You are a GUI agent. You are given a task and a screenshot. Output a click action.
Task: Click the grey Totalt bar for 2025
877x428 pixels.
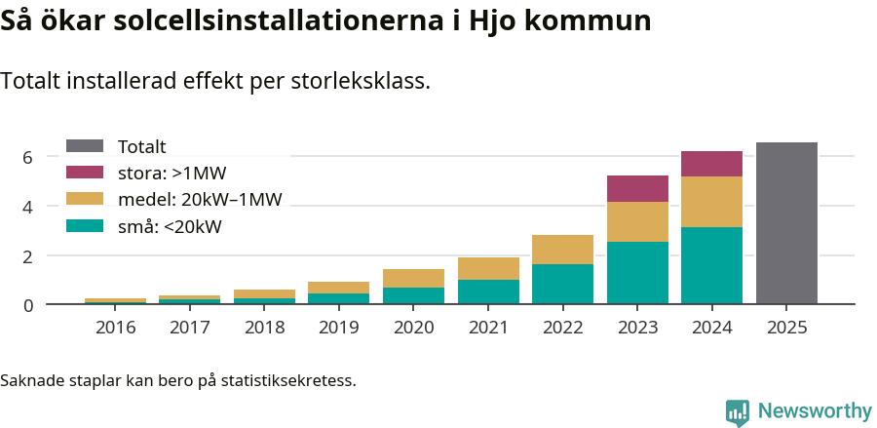[786, 223]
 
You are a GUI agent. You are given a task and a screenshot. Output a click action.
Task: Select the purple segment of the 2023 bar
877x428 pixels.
[637, 188]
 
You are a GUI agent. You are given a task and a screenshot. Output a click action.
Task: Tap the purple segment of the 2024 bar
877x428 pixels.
[711, 164]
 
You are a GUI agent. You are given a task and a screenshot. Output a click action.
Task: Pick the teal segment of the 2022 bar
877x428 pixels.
[562, 284]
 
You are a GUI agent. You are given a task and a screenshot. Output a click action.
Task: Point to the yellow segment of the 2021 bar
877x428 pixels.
[488, 268]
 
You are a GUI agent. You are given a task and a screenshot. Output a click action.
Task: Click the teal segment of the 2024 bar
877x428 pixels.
[711, 265]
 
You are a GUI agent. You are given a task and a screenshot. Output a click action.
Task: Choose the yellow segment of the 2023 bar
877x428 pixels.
[637, 221]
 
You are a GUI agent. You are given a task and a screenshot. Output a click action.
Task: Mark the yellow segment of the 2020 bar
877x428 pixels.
[413, 278]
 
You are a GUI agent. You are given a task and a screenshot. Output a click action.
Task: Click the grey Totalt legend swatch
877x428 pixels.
[85, 146]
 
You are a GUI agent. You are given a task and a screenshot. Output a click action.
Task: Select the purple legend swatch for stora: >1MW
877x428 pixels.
[85, 174]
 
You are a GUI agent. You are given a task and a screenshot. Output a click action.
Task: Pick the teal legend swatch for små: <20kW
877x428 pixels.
[85, 227]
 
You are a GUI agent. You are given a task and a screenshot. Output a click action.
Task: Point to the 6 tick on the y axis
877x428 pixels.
[28, 157]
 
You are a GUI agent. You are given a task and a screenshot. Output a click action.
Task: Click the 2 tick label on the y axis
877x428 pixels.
[28, 255]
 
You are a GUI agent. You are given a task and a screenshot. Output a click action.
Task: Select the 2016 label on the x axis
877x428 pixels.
[115, 328]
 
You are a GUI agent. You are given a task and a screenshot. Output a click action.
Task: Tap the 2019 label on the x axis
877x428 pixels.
[339, 328]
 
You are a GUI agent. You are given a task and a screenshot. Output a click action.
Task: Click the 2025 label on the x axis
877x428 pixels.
[786, 328]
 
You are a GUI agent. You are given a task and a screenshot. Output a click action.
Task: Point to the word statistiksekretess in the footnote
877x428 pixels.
[287, 379]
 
